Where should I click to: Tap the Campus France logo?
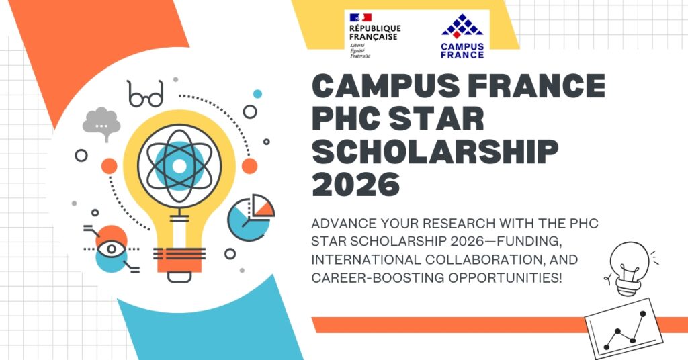click(x=462, y=36)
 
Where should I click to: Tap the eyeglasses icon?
click(x=145, y=95)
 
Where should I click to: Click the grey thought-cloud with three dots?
click(x=101, y=125)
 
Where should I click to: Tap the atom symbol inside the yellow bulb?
click(x=179, y=164)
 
